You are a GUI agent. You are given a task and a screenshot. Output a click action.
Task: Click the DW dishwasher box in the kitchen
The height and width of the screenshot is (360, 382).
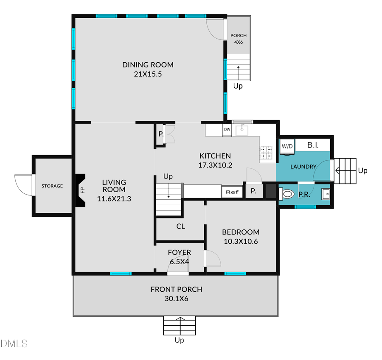[227, 129]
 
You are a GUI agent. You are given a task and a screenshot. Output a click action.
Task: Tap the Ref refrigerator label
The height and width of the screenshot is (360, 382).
[232, 192]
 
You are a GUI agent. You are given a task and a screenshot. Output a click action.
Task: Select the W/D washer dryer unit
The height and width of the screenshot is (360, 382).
[287, 146]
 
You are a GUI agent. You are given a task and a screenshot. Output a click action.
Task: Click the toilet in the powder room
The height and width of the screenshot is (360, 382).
[288, 194]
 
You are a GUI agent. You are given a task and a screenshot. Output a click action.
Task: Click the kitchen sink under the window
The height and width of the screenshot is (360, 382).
[242, 129]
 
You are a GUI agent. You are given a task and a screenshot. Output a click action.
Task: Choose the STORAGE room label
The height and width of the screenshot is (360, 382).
[52, 186]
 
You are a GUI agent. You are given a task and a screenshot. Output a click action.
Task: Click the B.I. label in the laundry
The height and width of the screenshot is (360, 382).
[313, 145]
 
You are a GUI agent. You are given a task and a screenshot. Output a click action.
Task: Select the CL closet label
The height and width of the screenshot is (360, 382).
[181, 226]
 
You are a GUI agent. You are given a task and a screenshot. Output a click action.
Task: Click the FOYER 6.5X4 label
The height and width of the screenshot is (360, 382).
[180, 257]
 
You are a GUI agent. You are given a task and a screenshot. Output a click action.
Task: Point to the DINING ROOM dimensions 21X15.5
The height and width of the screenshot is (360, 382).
[148, 74]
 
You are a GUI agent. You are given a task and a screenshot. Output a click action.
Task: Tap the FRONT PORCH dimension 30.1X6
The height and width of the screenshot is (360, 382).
[176, 299]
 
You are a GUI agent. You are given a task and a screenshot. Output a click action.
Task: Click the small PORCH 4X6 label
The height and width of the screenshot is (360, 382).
[238, 39]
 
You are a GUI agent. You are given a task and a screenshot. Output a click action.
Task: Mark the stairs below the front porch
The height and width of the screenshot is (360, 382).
[180, 325]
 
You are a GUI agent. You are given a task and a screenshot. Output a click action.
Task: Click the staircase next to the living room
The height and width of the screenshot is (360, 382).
[169, 199]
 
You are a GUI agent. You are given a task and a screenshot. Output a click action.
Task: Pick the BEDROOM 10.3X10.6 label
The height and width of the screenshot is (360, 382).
[241, 237]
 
